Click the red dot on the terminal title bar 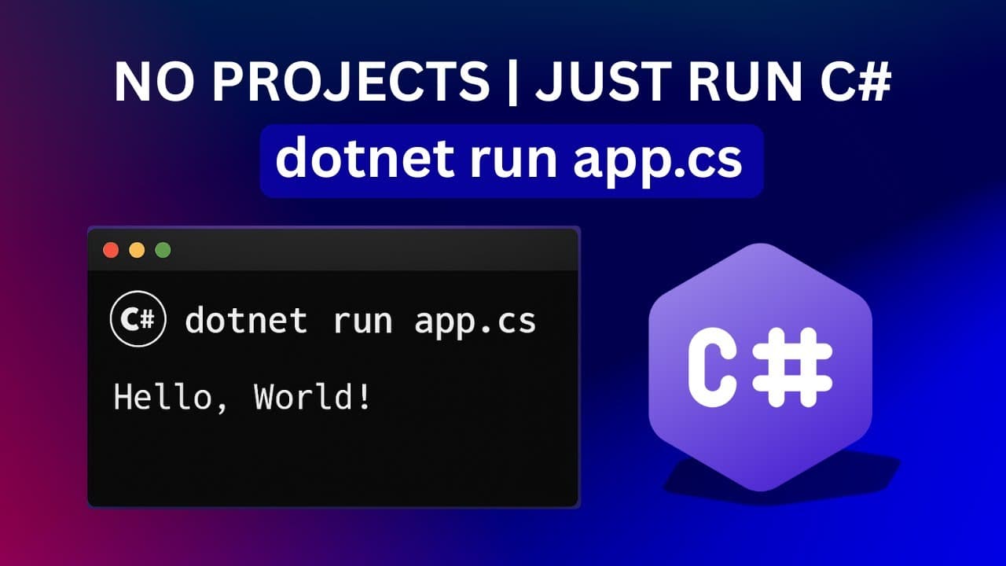[x=111, y=251]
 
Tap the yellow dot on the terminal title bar [x=137, y=251]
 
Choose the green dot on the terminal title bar [x=163, y=251]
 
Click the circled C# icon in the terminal [x=138, y=320]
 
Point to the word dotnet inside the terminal [x=246, y=321]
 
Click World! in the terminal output [x=312, y=397]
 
